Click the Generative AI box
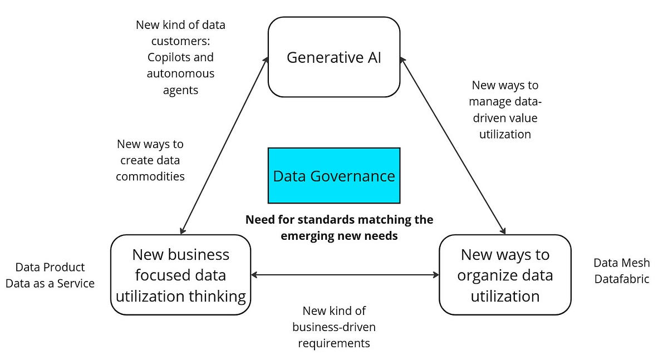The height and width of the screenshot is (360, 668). pyautogui.click(x=334, y=57)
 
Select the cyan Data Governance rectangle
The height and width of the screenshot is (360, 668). pyautogui.click(x=334, y=175)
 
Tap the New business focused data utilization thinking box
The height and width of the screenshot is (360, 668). pyautogui.click(x=181, y=275)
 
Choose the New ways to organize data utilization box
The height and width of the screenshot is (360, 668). pyautogui.click(x=505, y=275)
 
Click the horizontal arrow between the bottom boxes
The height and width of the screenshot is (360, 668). pyautogui.click(x=345, y=275)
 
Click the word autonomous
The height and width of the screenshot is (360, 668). pyautogui.click(x=180, y=73)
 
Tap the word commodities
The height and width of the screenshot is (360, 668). pyautogui.click(x=150, y=176)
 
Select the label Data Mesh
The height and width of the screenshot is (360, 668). pyautogui.click(x=621, y=263)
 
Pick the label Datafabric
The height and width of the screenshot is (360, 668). pyautogui.click(x=622, y=279)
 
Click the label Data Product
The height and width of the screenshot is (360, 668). pyautogui.click(x=50, y=267)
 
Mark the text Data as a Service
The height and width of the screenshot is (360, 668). pyautogui.click(x=50, y=283)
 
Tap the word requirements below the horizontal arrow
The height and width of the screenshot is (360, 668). pyautogui.click(x=334, y=343)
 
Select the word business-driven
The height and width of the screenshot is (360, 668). pyautogui.click(x=334, y=327)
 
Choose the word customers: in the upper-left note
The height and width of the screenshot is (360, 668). pyautogui.click(x=180, y=41)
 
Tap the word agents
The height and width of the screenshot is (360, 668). pyautogui.click(x=180, y=90)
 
